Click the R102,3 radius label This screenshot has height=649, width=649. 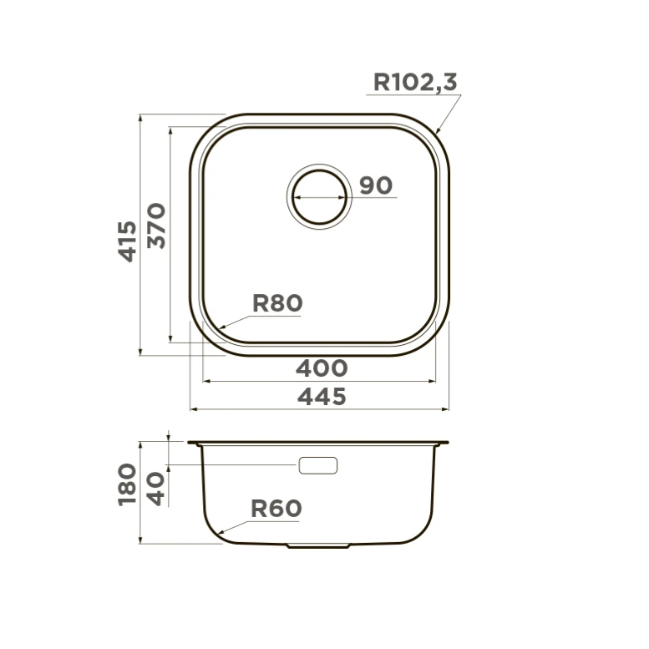point(415,82)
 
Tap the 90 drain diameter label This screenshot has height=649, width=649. point(375,185)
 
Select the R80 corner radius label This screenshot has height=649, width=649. point(277,303)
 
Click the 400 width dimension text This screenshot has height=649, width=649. point(322,368)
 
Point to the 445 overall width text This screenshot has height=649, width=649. point(322,397)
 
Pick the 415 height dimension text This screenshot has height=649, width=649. point(128,241)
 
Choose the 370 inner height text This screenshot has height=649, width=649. point(156,226)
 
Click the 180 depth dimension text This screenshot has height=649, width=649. point(127,484)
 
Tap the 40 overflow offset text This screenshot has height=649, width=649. point(156,489)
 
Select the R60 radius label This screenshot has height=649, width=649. point(276,509)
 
